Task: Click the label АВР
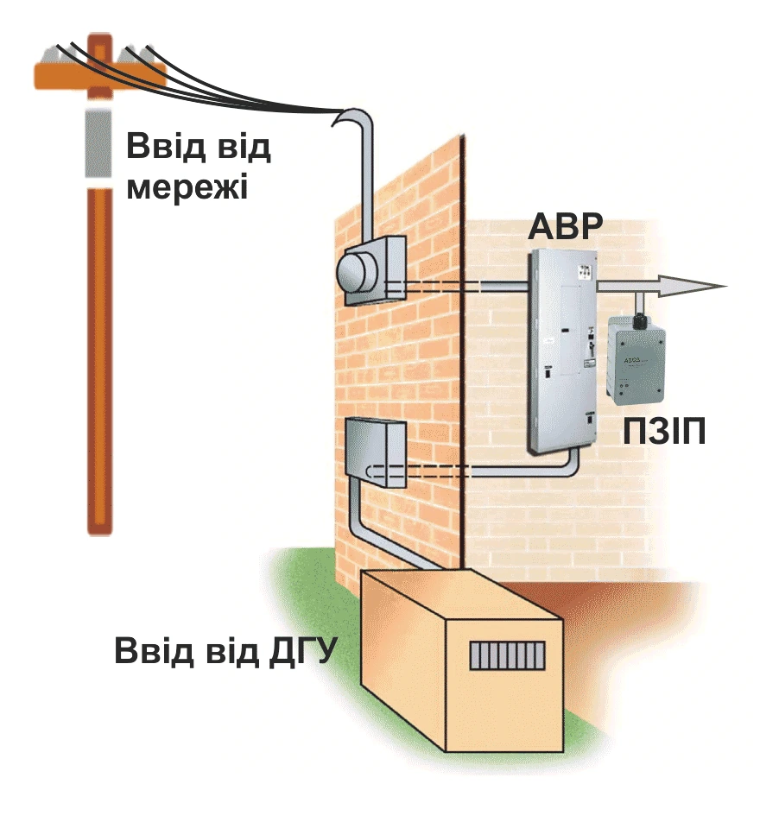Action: pos(566,227)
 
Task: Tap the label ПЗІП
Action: pos(664,432)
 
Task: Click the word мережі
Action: pos(187,187)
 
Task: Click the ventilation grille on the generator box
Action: pos(507,655)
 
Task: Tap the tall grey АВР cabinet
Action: pos(561,351)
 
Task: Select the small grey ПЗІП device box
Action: pos(636,361)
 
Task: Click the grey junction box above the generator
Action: pos(375,452)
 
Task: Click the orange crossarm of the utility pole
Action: pos(99,75)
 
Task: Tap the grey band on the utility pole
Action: pos(98,143)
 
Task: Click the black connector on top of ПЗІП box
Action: pos(639,321)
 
